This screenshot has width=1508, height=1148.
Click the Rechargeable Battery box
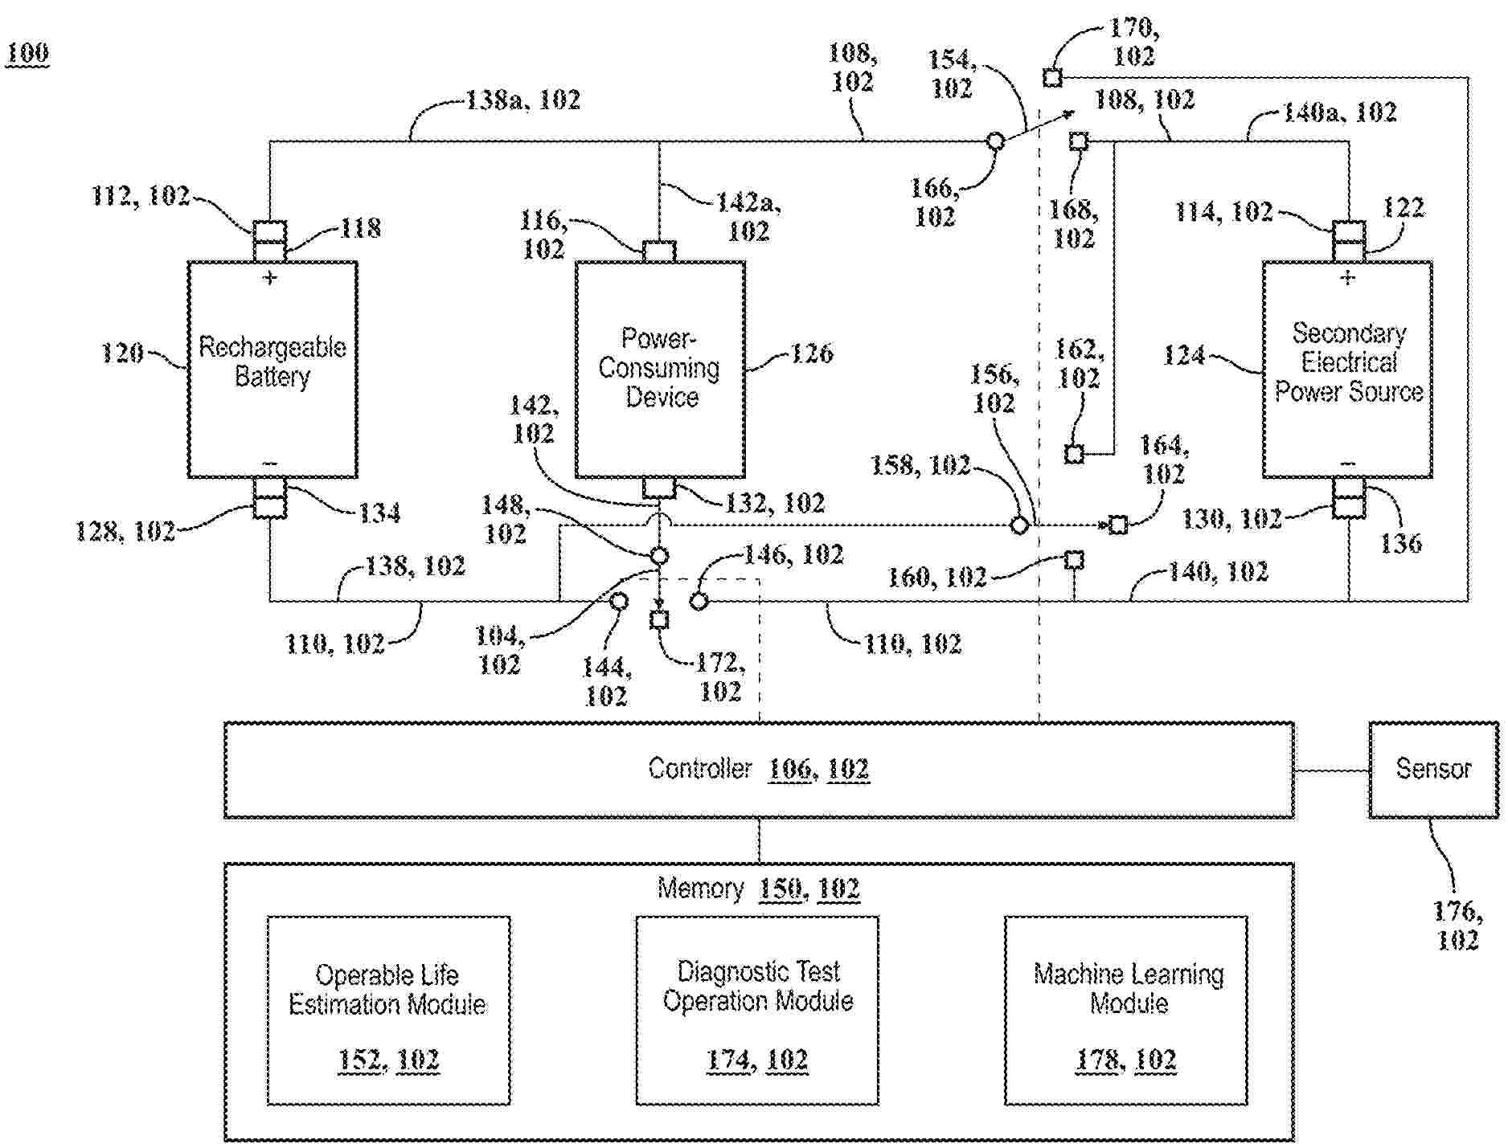273,370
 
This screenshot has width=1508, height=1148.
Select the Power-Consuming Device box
660,370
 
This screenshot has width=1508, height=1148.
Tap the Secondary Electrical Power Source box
1348,370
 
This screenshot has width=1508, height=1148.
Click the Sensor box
1433,770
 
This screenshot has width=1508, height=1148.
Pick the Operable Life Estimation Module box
388,1010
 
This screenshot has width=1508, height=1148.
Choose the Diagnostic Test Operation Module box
757,1010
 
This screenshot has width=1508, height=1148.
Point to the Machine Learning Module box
1126,1010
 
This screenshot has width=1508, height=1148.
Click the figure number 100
28,54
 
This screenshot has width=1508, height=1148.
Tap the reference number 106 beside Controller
789,770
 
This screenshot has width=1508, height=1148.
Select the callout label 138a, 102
523,100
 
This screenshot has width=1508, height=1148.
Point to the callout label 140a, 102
1339,112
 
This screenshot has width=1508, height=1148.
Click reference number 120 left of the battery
122,353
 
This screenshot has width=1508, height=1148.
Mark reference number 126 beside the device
812,353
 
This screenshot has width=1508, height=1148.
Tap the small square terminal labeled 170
1052,78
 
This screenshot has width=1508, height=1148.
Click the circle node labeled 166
995,141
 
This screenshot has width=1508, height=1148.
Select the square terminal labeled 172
659,619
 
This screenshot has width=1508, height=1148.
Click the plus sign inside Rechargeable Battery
270,278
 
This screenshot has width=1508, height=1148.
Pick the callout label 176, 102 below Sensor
1457,925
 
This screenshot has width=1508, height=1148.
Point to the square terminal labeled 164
1117,525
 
